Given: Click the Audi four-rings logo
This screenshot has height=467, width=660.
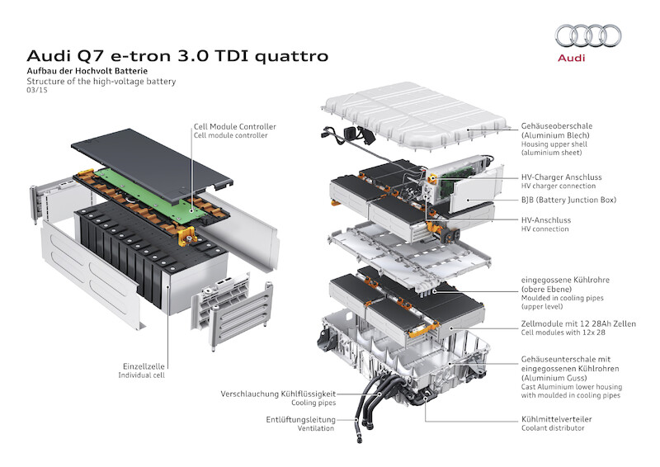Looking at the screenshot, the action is (x=588, y=35).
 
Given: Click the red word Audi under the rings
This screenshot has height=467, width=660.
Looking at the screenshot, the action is (x=571, y=58).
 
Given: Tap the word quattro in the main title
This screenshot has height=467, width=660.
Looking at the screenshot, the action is (x=291, y=56).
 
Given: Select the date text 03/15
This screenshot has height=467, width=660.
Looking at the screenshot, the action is (x=37, y=90).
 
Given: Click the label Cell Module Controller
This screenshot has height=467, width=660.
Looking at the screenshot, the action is (x=235, y=126).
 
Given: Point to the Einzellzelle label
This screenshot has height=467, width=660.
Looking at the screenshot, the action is (x=144, y=366).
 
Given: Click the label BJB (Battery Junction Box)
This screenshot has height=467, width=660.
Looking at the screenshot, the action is (x=568, y=200).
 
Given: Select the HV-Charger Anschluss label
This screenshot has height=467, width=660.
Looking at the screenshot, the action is (x=562, y=177).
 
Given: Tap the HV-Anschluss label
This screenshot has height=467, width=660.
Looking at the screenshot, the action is (x=546, y=220).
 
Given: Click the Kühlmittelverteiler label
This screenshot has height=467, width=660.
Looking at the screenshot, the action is (x=556, y=419).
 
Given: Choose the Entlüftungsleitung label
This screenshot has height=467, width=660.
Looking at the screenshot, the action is (x=300, y=419).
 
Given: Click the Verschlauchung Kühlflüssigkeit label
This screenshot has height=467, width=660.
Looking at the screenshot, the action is (x=278, y=394).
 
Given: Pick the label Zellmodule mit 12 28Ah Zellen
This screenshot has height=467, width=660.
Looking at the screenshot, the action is (x=578, y=323).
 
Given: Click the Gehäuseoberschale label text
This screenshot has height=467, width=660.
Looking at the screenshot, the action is (x=556, y=126).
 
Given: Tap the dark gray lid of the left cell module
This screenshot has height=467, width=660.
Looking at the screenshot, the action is (x=152, y=161).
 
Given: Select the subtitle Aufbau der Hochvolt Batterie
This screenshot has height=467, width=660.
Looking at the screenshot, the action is (x=87, y=71).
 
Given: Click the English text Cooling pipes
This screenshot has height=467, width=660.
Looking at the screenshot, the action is (x=313, y=403).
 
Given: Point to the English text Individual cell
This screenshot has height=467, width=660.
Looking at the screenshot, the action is (x=141, y=375).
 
